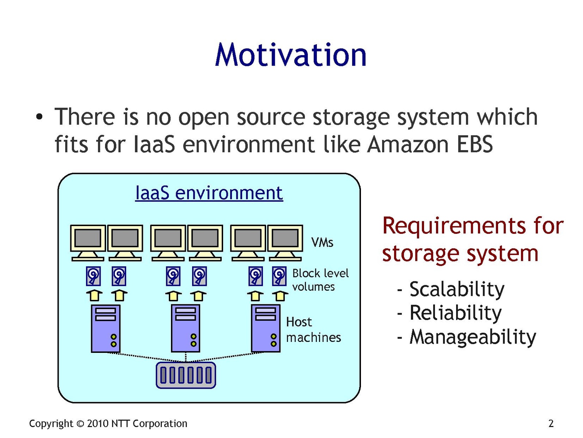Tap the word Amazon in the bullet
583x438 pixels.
(407, 144)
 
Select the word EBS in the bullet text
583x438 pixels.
(474, 144)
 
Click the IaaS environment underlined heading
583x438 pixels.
(209, 193)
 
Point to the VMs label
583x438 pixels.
(322, 242)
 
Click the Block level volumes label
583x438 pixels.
(320, 280)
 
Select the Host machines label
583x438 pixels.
(313, 330)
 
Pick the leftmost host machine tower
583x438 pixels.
(105, 328)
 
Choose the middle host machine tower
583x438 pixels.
(186, 328)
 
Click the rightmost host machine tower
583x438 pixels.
(266, 328)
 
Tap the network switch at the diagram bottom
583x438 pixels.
(186, 375)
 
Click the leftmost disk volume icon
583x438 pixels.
(93, 276)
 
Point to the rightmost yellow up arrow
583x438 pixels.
(280, 295)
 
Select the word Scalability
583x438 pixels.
(457, 289)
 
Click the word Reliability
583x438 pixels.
(455, 313)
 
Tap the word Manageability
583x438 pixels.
(473, 337)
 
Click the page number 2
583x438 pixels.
(551, 423)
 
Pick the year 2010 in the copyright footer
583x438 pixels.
(98, 423)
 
